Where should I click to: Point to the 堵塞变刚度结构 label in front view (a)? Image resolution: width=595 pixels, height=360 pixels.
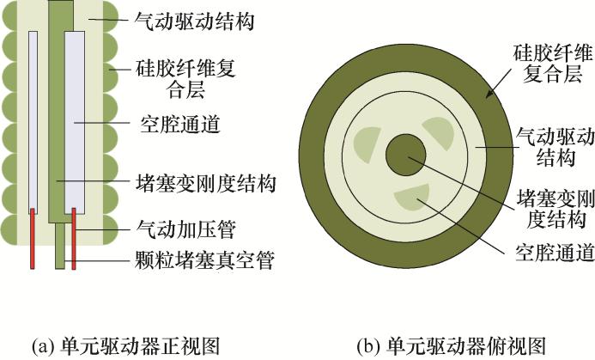[206, 182]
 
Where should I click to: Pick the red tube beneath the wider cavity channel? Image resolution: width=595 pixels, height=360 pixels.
[75, 236]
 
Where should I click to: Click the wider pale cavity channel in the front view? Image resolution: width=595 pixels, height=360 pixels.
[74, 120]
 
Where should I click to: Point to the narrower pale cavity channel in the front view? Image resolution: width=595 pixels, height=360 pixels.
[33, 120]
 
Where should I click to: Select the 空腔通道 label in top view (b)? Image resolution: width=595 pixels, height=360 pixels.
[555, 253]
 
